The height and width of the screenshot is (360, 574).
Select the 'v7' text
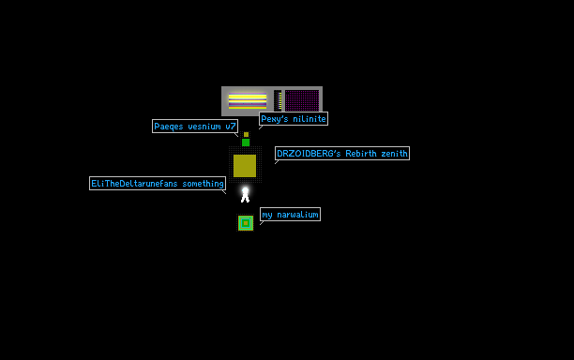[231, 127]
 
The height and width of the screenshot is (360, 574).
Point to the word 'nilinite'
[310, 119]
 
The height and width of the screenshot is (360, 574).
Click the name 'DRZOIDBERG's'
[309, 154]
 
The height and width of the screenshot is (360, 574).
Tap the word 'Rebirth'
[361, 154]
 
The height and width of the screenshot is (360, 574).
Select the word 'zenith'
[394, 154]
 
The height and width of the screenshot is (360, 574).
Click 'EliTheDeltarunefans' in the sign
[134, 184]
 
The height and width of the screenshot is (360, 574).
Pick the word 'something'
[204, 184]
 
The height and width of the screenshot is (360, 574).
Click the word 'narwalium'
[297, 215]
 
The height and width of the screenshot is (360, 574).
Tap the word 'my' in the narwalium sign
[267, 215]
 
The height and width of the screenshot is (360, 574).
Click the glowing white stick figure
[246, 194]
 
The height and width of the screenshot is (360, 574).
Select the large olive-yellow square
[245, 166]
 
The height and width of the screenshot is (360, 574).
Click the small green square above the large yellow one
[246, 142]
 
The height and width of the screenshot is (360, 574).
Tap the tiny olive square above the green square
[246, 135]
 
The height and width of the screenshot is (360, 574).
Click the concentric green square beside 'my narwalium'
[246, 223]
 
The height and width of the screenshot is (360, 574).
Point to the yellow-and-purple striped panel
[248, 101]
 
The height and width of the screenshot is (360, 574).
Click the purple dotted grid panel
[302, 100]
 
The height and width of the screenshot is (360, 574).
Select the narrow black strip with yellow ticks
[278, 100]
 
